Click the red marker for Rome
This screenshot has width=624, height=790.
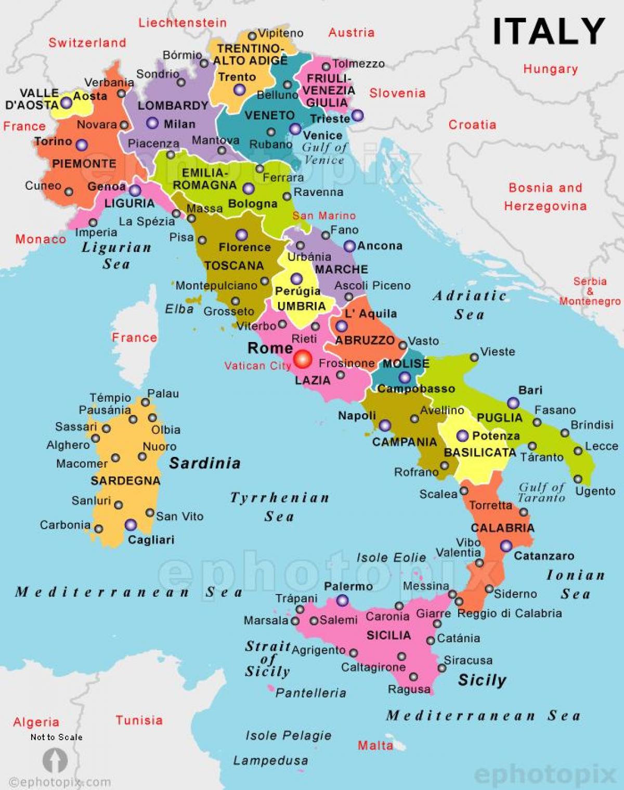click(x=302, y=359)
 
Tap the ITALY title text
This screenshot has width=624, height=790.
click(x=549, y=31)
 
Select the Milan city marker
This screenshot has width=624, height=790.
click(x=152, y=123)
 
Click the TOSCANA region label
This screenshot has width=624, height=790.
click(x=234, y=266)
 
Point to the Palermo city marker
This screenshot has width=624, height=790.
click(x=342, y=601)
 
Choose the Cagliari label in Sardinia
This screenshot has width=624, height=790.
click(x=151, y=540)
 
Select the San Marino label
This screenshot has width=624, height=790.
click(x=324, y=216)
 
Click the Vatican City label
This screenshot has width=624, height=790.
click(x=257, y=366)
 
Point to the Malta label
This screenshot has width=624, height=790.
click(x=375, y=746)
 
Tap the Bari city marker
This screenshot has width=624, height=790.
click(x=513, y=403)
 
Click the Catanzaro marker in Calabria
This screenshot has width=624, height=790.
click(x=506, y=546)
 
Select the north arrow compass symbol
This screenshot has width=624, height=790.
click(x=55, y=760)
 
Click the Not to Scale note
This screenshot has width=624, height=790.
click(x=56, y=737)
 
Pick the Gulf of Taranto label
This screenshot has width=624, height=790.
click(x=542, y=492)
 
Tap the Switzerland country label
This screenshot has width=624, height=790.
click(x=87, y=43)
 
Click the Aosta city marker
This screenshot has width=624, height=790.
click(x=67, y=102)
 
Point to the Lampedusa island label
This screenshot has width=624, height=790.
click(x=270, y=761)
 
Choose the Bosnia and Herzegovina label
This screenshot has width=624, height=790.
click(x=545, y=197)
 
